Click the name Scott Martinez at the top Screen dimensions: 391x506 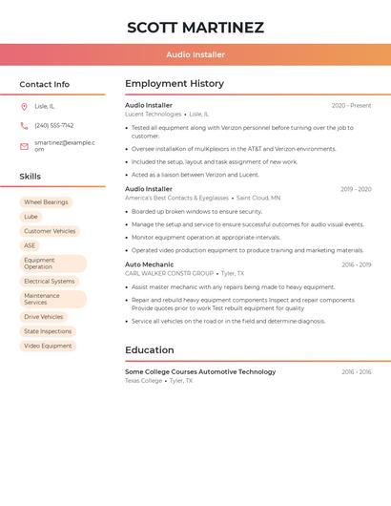click(195, 28)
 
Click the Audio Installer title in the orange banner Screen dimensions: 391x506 click(195, 54)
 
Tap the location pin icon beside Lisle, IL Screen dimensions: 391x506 click(24, 106)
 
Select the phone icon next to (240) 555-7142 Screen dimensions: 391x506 click(24, 125)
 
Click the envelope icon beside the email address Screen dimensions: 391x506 click(24, 145)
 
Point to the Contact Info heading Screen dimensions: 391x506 click(45, 84)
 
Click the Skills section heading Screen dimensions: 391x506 click(31, 177)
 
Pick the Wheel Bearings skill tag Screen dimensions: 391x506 click(46, 202)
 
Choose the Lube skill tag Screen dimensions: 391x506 click(31, 217)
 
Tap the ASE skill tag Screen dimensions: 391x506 click(30, 245)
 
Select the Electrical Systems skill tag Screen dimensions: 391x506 click(49, 282)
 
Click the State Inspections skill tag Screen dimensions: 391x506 click(48, 331)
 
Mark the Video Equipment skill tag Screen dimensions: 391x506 click(48, 346)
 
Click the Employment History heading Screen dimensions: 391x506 click(175, 84)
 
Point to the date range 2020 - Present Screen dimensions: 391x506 click(351, 105)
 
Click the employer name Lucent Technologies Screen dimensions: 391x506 click(153, 115)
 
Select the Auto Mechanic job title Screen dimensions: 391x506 click(150, 264)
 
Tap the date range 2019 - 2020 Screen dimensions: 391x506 click(356, 189)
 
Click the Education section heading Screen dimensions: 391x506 click(149, 350)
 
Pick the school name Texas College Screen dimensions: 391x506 click(143, 381)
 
